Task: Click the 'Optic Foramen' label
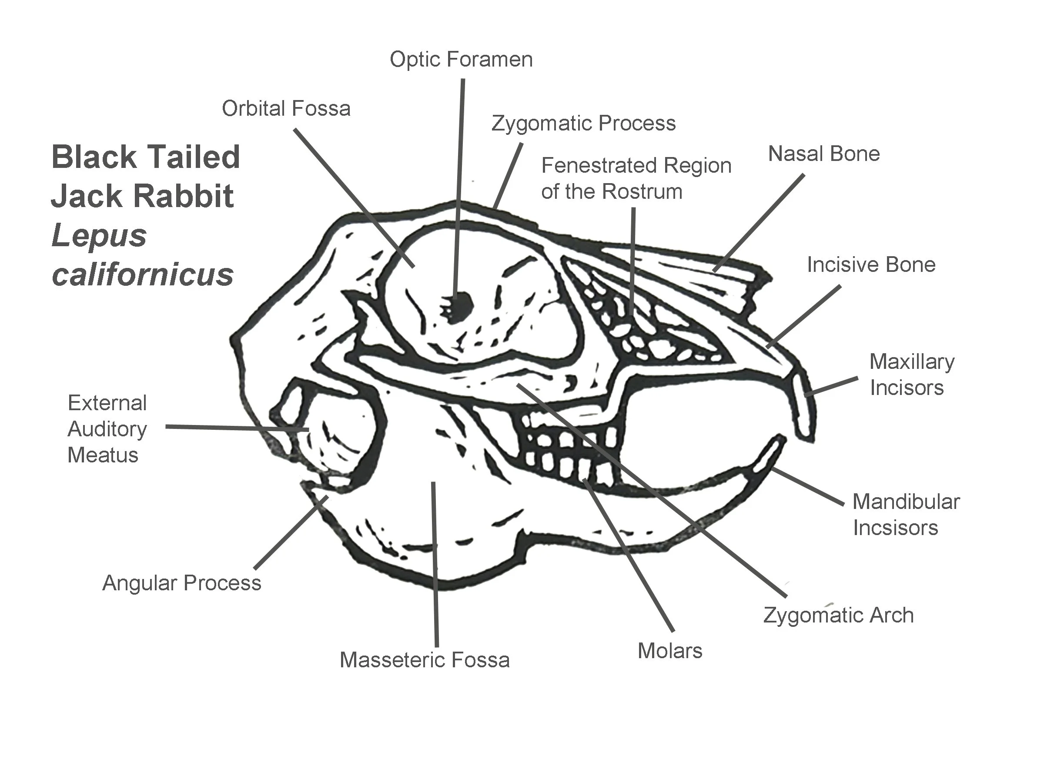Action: coord(461,60)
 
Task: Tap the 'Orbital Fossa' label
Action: coord(286,109)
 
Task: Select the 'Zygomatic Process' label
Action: coord(583,124)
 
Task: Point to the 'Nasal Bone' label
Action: coord(823,154)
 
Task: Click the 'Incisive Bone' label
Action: coord(871,265)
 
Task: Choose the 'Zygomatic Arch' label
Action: coord(838,616)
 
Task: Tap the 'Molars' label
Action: coord(670,651)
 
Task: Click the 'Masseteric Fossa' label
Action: coord(424,660)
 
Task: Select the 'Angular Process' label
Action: coord(182,583)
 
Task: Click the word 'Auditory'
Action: coord(107,429)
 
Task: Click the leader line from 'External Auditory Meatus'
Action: coord(236,428)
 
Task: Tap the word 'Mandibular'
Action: coord(906,502)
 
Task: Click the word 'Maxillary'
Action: coord(912,362)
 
